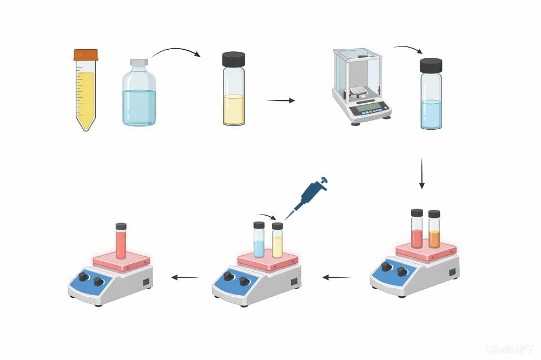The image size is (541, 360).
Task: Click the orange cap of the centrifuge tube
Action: click(86, 55)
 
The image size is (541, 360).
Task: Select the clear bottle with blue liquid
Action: click(139, 95)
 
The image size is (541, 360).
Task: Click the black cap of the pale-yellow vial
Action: click(234, 59)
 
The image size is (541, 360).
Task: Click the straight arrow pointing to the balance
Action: click(281, 101)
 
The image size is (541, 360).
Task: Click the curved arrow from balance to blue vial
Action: click(408, 50)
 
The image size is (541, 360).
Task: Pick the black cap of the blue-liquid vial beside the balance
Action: click(431, 65)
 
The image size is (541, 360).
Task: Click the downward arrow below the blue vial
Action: click(422, 173)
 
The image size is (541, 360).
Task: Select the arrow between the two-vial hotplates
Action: click(337, 277)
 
